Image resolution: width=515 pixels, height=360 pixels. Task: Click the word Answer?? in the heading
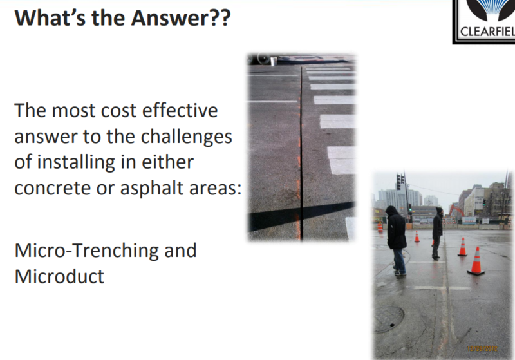pyautogui.click(x=181, y=18)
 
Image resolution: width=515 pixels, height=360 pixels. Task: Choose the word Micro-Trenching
pyautogui.click(x=88, y=251)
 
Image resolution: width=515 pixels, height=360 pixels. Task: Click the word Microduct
pyautogui.click(x=59, y=276)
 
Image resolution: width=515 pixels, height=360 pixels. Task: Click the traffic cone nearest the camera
pyautogui.click(x=476, y=261)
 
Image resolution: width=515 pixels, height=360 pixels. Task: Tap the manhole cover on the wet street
pyautogui.click(x=389, y=319)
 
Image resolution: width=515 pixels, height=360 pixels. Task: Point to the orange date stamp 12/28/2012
pyautogui.click(x=482, y=348)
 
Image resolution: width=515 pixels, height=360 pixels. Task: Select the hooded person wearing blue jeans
pyautogui.click(x=396, y=240)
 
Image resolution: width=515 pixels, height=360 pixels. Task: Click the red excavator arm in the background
pyautogui.click(x=456, y=210)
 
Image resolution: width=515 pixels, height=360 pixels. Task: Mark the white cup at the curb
pyautogui.click(x=273, y=61)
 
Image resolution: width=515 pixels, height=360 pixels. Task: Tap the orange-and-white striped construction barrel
pyautogui.click(x=380, y=227)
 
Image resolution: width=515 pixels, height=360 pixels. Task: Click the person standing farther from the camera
pyautogui.click(x=437, y=233)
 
